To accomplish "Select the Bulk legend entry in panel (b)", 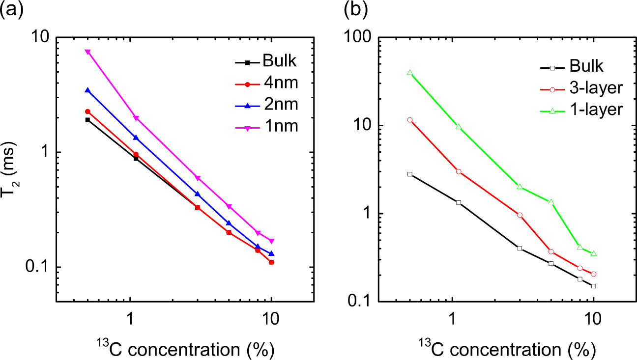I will tap(583, 67).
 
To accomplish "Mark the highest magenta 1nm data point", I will tap(87, 52).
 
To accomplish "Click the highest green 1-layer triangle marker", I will tap(409, 73).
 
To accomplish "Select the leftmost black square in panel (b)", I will tap(409, 174).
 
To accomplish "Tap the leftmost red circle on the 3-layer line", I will tap(409, 120).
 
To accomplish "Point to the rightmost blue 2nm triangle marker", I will tap(271, 254).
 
